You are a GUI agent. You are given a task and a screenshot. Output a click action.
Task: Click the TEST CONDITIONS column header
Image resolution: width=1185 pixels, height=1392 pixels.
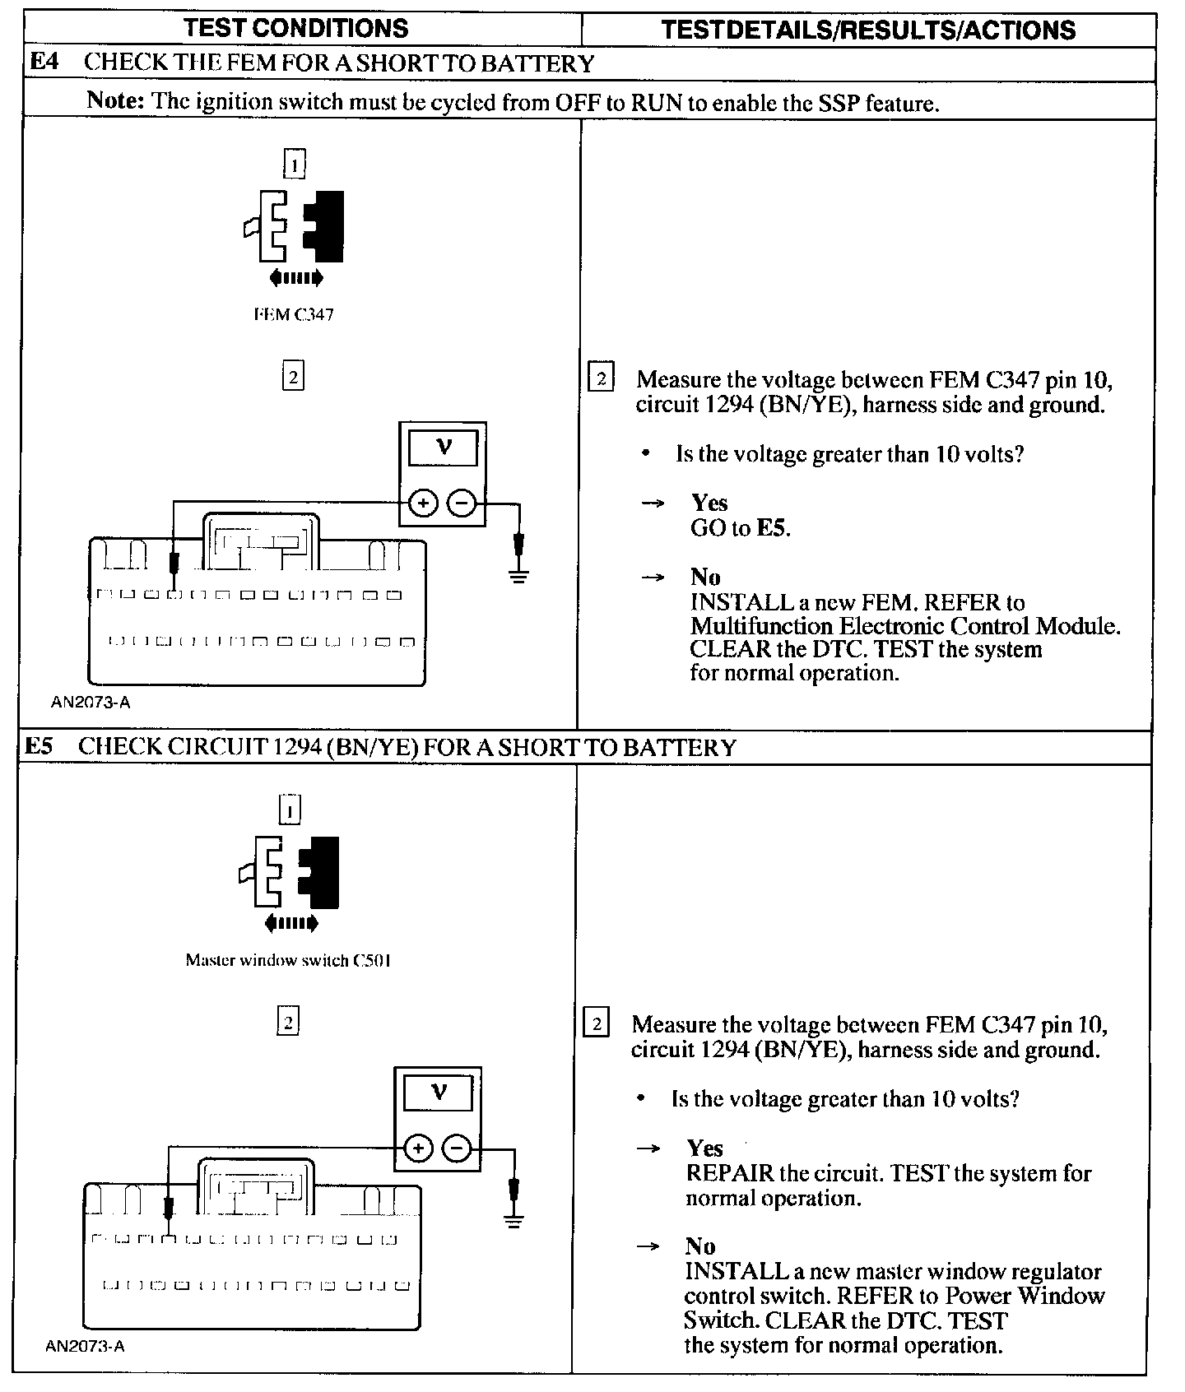(x=295, y=28)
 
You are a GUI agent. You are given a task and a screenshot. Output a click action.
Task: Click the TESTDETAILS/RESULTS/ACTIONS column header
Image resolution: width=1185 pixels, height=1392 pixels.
(x=868, y=30)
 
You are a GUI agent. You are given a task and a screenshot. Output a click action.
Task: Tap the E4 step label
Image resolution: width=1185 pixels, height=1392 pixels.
(x=44, y=63)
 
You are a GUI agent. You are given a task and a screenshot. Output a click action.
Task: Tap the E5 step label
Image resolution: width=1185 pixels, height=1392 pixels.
(x=39, y=746)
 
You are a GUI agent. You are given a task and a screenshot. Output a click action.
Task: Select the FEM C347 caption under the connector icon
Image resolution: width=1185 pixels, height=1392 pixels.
(x=293, y=314)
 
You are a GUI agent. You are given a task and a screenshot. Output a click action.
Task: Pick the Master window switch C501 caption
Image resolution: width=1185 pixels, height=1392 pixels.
(x=287, y=960)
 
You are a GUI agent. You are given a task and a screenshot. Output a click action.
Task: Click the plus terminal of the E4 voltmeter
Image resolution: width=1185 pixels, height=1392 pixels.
(x=423, y=503)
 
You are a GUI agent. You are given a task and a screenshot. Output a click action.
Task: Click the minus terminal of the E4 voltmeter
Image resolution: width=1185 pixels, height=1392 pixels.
(x=462, y=503)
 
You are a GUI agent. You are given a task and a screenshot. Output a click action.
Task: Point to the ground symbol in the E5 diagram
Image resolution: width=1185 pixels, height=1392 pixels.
(x=513, y=1220)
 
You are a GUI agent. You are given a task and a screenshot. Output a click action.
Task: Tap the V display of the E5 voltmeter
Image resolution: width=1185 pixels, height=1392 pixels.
(x=439, y=1093)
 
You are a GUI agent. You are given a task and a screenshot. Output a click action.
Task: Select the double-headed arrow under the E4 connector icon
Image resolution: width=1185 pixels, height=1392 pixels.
(x=294, y=278)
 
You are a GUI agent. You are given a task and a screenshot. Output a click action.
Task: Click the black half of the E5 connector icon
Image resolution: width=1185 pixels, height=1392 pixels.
(x=323, y=872)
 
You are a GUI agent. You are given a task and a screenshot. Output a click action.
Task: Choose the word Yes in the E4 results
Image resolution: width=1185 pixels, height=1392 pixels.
(x=709, y=503)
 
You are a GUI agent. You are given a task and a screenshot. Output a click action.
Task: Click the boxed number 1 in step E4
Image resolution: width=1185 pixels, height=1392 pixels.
(x=294, y=163)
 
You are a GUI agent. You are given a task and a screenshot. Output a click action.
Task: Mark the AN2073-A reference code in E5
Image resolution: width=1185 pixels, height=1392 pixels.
(x=86, y=1346)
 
